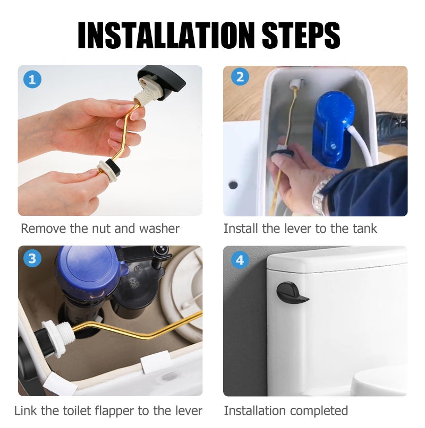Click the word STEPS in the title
tap(301, 35)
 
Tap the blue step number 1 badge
tap(32, 80)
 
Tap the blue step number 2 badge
tap(240, 77)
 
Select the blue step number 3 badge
tap(32, 258)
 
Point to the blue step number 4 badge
tap(240, 260)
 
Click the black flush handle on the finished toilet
tap(291, 293)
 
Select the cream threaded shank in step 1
tap(143, 98)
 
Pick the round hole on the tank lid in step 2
tap(233, 185)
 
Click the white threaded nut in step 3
tap(58, 338)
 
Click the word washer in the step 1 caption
tap(159, 229)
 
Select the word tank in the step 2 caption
tap(364, 229)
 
